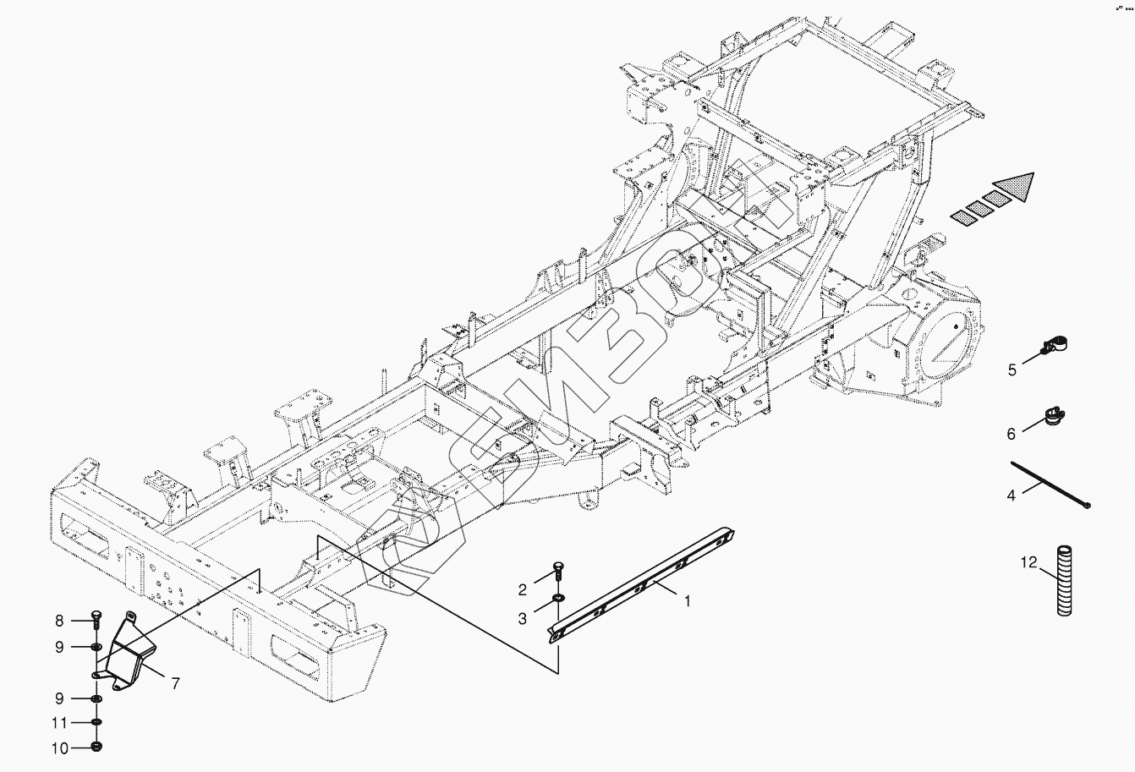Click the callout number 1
coord(688,602)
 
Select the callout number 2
coord(523,589)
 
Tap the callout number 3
coord(523,619)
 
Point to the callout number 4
coord(1011,496)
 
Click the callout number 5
coord(1012,370)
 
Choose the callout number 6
coord(1011,434)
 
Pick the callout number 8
coord(59,621)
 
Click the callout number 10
coord(59,747)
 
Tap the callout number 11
coord(59,723)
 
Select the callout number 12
coord(1028,562)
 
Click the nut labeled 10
coord(96,747)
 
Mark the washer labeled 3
coord(557,600)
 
